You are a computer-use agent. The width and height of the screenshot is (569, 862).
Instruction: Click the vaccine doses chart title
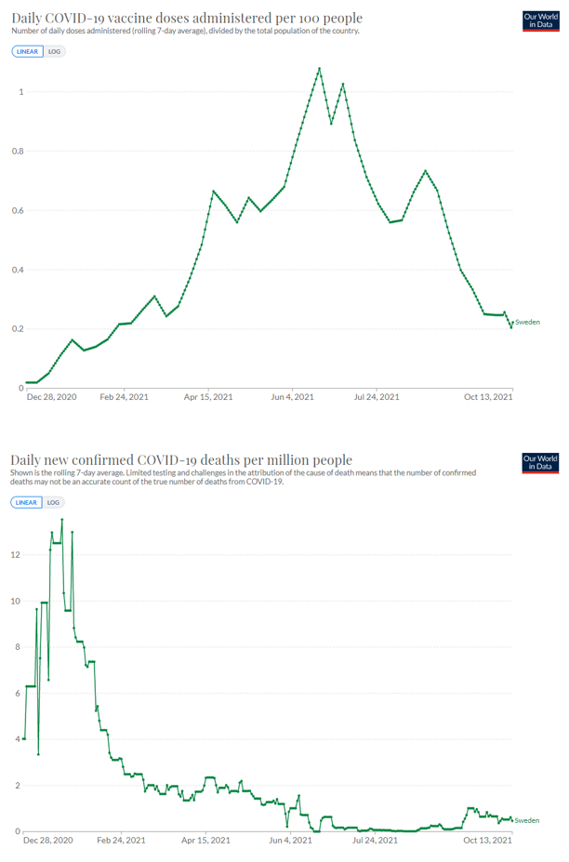tap(186, 18)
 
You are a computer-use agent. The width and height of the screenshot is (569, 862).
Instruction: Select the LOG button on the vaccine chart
tap(54, 51)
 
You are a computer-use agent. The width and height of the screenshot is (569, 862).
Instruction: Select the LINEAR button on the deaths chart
tap(27, 502)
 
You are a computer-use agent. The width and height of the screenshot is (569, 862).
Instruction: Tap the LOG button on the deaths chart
tap(54, 502)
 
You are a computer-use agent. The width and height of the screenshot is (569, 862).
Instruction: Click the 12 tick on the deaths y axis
tap(16, 554)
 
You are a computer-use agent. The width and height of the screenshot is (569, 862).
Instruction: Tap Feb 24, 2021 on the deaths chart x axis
tap(123, 841)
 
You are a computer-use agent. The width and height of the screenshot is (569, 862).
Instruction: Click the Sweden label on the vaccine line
tap(527, 322)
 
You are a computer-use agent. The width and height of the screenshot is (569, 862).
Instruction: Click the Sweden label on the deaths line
tap(527, 821)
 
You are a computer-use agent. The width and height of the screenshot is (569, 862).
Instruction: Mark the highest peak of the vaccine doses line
tap(320, 68)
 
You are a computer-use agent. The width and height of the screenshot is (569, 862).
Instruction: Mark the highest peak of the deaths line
tap(62, 519)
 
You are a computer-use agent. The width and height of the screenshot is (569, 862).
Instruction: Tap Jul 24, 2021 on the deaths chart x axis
tap(377, 841)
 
